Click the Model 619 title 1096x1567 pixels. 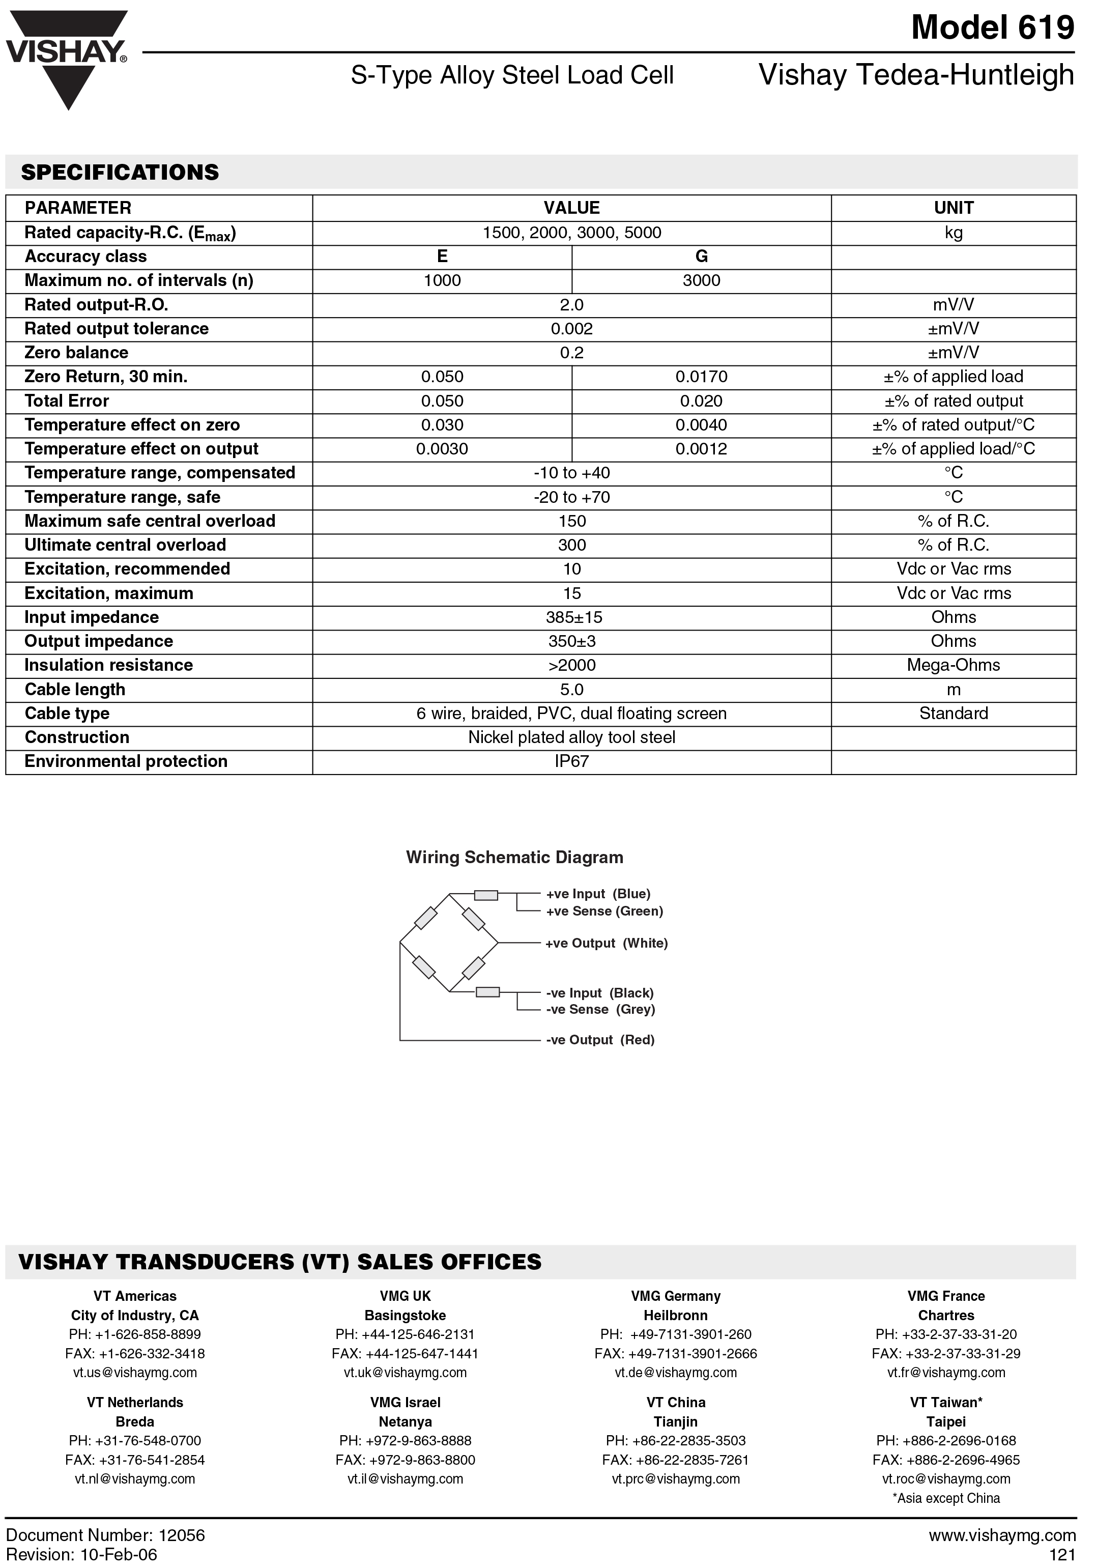pos(992,28)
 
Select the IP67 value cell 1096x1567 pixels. pos(571,762)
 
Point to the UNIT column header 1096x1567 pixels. pos(954,208)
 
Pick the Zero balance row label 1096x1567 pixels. pos(76,353)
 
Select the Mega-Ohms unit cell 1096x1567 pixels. pos(954,666)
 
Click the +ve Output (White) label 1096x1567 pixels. pos(606,943)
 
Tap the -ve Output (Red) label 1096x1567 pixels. pos(600,1040)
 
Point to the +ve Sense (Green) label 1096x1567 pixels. pos(604,911)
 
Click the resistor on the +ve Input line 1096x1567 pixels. pos(486,895)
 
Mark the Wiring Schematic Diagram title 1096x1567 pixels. pos(514,858)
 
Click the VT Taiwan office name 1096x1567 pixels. pos(946,1403)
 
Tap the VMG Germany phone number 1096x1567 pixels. pos(676,1334)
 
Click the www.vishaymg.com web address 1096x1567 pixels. pos(1002,1535)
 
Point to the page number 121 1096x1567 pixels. pos(1062,1555)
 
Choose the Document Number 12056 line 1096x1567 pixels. pos(105,1535)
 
